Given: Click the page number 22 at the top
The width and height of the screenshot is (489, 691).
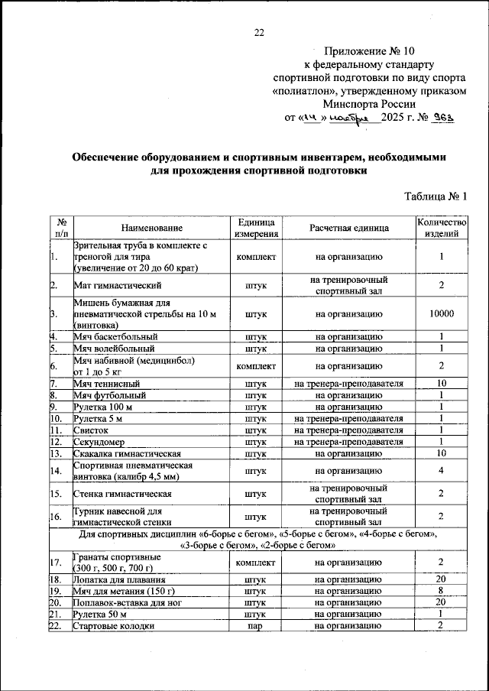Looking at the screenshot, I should [x=259, y=32].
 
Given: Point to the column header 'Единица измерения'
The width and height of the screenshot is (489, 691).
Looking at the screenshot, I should [x=256, y=228].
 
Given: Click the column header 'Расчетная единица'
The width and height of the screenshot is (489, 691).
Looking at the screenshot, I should [x=349, y=228].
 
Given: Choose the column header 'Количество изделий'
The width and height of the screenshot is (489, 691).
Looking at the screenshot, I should [x=441, y=228].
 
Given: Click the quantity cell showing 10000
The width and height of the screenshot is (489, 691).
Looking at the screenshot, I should [x=441, y=313].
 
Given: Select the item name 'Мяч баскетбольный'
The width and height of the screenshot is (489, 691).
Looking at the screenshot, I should [x=115, y=336].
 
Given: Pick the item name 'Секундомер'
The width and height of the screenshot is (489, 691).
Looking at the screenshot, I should [x=99, y=442].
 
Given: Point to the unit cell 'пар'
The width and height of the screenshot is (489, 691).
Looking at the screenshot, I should [x=256, y=627].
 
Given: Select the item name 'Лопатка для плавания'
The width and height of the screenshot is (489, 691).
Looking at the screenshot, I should [x=118, y=580].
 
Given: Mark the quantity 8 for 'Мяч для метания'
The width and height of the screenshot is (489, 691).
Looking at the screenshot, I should [x=441, y=592].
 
